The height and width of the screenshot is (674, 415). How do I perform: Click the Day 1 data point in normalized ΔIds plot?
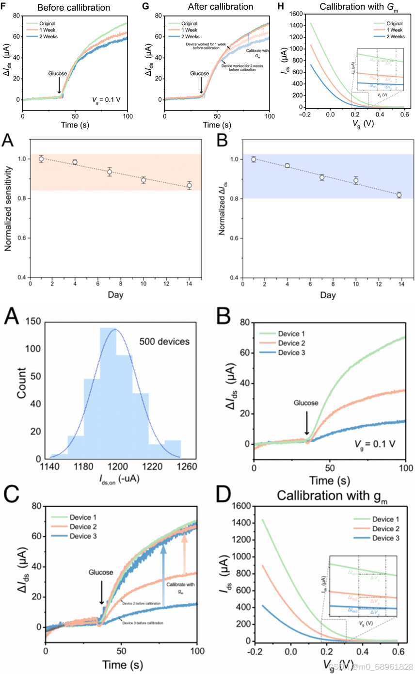tap(254, 159)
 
